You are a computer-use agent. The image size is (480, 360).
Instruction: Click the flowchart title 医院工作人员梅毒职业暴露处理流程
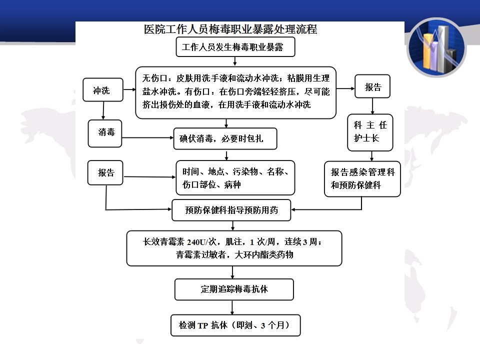tap(230, 29)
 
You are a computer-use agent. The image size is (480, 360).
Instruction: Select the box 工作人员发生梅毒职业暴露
tap(235, 47)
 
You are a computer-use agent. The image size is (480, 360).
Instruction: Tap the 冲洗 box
tap(103, 89)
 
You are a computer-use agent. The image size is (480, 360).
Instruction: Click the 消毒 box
tap(105, 133)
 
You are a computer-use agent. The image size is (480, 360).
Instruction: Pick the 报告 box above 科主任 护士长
tap(372, 86)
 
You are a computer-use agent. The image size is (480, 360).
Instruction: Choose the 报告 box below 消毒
tap(105, 172)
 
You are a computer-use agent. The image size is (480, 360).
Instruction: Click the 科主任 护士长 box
tap(370, 132)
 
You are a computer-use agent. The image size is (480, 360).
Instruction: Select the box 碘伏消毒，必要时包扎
tap(225, 138)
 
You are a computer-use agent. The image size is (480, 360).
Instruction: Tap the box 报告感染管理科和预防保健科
tap(362, 179)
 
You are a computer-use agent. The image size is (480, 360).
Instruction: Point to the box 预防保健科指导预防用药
tap(231, 210)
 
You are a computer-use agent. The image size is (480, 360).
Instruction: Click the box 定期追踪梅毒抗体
tap(234, 289)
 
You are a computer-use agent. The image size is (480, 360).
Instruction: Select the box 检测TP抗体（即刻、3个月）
tap(235, 325)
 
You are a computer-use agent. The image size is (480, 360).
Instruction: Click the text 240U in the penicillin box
tap(196, 242)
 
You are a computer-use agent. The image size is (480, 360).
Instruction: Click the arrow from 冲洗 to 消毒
tap(103, 110)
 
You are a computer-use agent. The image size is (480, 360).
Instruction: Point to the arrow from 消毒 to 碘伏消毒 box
tap(148, 138)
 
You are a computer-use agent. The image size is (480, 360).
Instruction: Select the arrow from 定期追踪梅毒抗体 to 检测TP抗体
tap(232, 307)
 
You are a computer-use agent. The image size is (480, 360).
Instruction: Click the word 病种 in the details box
tap(232, 184)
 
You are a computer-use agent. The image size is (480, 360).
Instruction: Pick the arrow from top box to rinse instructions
tap(235, 61)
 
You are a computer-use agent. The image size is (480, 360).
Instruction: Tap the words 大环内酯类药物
tap(264, 254)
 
